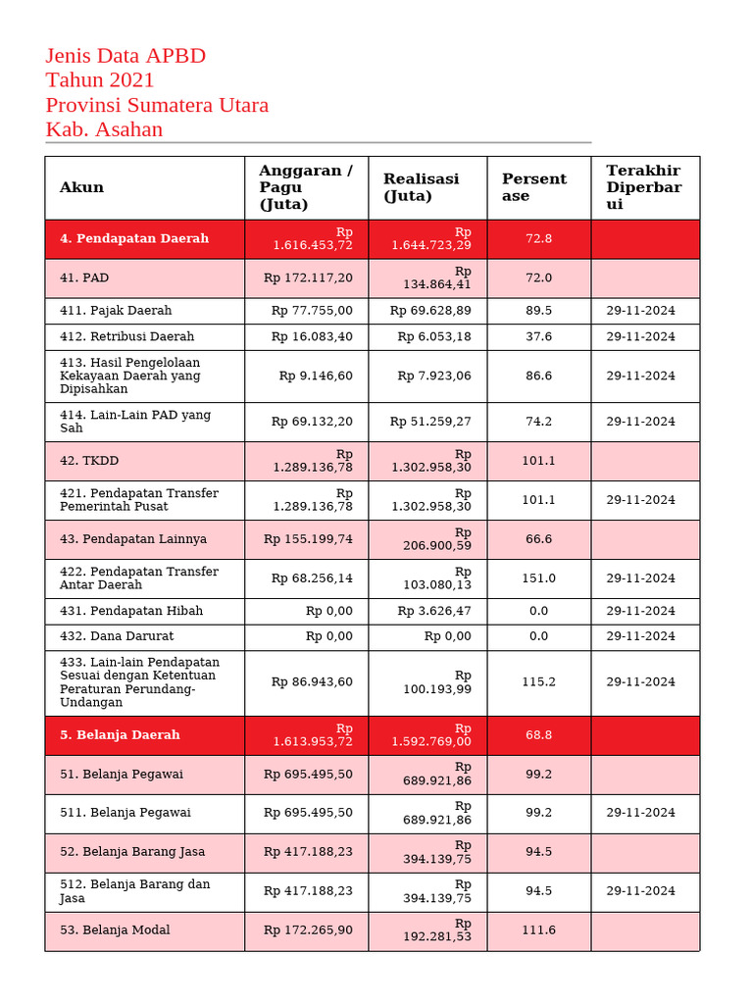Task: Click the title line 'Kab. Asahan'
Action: click(104, 129)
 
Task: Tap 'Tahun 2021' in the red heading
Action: click(100, 80)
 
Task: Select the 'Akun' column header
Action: click(81, 187)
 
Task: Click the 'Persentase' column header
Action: click(534, 187)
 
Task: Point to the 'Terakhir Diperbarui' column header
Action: click(643, 187)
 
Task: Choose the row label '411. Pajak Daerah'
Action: click(116, 311)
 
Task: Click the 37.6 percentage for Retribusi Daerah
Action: click(538, 336)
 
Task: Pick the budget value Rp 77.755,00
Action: click(312, 311)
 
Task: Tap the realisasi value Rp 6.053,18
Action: click(434, 336)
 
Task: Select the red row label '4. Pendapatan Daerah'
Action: click(134, 239)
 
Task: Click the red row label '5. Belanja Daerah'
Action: click(120, 735)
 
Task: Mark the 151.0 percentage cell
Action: click(538, 578)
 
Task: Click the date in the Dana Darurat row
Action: click(640, 636)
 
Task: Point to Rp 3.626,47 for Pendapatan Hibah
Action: click(434, 611)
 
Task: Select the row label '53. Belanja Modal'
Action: click(115, 930)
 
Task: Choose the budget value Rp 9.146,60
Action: click(316, 376)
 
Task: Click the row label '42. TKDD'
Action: click(89, 461)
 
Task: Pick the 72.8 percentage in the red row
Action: click(538, 239)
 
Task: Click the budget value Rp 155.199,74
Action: click(308, 539)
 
